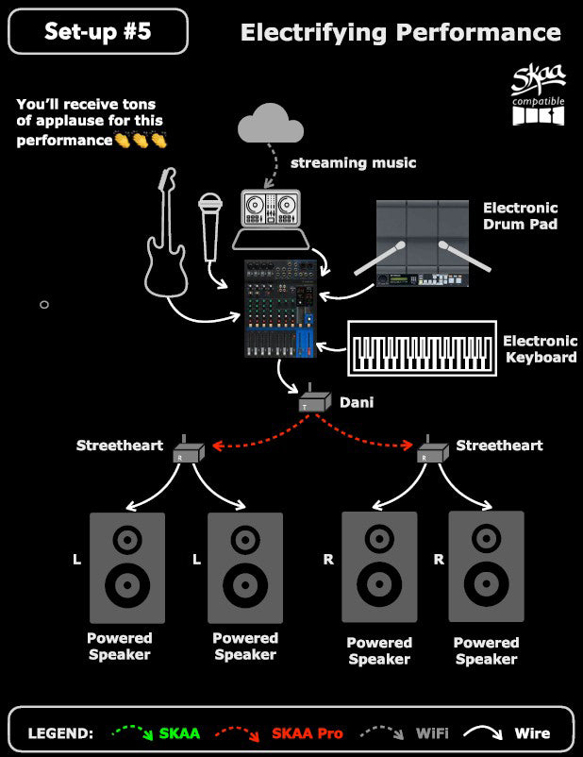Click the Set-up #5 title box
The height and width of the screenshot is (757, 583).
(98, 31)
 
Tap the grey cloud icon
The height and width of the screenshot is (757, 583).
(270, 123)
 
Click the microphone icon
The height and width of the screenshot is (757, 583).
(210, 227)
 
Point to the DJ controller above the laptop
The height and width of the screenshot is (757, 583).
(271, 208)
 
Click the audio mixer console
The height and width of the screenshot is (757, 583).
(280, 309)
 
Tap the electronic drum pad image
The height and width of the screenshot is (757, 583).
(423, 244)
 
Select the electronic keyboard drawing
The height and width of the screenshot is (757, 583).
(423, 348)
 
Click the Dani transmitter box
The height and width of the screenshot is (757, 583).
(315, 398)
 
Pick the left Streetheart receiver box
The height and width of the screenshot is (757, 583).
(189, 450)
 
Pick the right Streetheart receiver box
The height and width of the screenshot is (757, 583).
(432, 450)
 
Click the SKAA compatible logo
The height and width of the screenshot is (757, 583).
(538, 94)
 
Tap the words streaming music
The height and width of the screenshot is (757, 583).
(353, 162)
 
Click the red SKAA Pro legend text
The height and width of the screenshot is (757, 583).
(307, 733)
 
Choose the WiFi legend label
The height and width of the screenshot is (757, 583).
(432, 733)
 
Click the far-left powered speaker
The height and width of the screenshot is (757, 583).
(127, 568)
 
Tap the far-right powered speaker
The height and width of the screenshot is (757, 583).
(487, 566)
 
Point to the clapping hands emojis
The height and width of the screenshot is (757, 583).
(141, 140)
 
